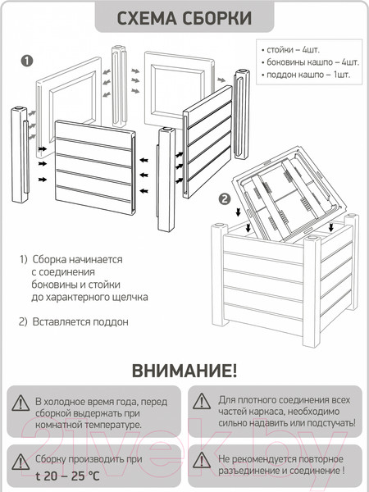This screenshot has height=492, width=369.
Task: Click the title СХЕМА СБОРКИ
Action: (184, 18)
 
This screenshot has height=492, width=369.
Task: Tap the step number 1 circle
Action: (27, 61)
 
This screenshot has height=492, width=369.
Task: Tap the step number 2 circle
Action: (225, 199)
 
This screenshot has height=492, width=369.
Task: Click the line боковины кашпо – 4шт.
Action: (310, 62)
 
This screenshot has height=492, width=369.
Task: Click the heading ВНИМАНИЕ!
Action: (184, 371)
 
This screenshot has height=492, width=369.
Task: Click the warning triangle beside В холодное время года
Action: (20, 403)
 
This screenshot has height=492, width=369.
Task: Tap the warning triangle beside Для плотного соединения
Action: (202, 401)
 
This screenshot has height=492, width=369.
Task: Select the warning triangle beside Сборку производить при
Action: (20, 462)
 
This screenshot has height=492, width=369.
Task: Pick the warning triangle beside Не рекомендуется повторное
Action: (202, 460)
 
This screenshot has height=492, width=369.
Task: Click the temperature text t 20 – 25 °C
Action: (67, 476)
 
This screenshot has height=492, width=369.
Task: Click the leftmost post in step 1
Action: (20, 155)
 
